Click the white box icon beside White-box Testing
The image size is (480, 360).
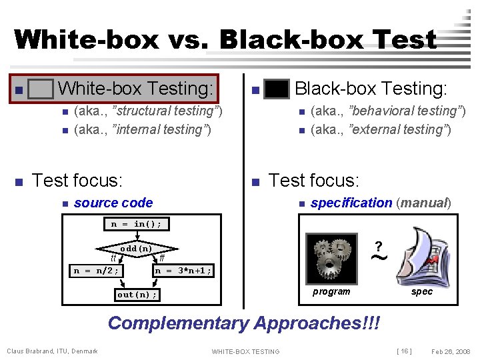click(41, 89)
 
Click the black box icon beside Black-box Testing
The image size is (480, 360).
click(277, 89)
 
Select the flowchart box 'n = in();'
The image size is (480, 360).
click(137, 224)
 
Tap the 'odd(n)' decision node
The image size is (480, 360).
click(136, 249)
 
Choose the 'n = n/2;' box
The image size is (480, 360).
click(97, 271)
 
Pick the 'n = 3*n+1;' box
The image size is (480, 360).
click(183, 271)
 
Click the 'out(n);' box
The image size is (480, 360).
click(137, 295)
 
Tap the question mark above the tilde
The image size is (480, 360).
click(378, 245)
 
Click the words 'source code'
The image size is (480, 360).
click(113, 203)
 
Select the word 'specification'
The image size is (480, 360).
click(351, 203)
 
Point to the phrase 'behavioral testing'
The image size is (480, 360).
click(407, 111)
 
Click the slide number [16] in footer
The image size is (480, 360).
click(404, 351)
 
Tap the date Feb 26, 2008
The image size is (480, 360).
click(450, 351)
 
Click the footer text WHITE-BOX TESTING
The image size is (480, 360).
click(245, 351)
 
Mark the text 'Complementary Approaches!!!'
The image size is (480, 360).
click(244, 323)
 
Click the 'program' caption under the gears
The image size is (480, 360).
click(331, 291)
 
